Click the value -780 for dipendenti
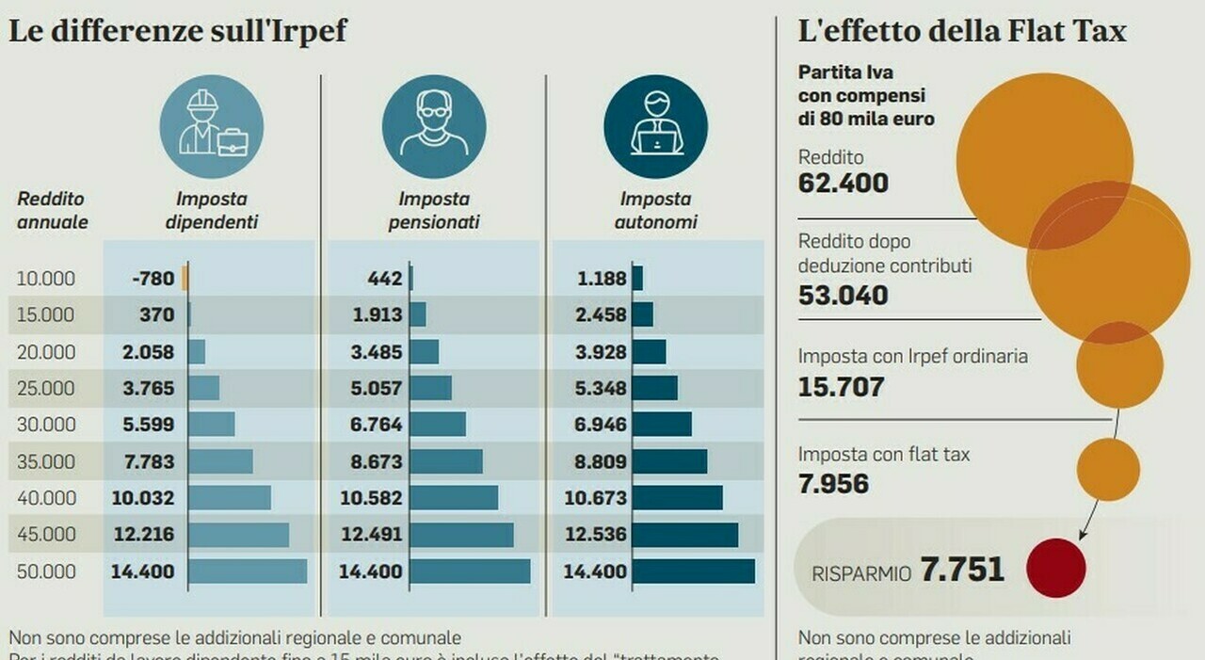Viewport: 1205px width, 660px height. click(x=153, y=279)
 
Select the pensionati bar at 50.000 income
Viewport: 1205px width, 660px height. click(x=470, y=571)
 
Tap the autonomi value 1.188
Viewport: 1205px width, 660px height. click(x=601, y=279)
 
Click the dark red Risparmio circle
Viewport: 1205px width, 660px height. click(x=1055, y=568)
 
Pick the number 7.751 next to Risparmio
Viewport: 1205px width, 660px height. click(x=962, y=570)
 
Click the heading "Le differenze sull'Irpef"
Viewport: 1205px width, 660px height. click(x=177, y=31)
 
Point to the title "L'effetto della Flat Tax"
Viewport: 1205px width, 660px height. click(x=962, y=31)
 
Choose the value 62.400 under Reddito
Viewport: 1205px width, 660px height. click(x=843, y=183)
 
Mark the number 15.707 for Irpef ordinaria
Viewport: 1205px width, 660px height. click(x=841, y=386)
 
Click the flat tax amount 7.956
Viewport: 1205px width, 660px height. click(x=833, y=484)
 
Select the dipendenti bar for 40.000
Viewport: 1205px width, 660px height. click(x=229, y=498)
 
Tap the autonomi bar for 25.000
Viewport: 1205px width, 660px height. click(x=654, y=388)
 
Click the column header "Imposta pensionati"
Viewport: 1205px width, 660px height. click(x=434, y=211)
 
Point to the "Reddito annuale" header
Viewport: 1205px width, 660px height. click(x=53, y=211)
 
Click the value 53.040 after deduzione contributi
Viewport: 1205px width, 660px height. click(x=843, y=295)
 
